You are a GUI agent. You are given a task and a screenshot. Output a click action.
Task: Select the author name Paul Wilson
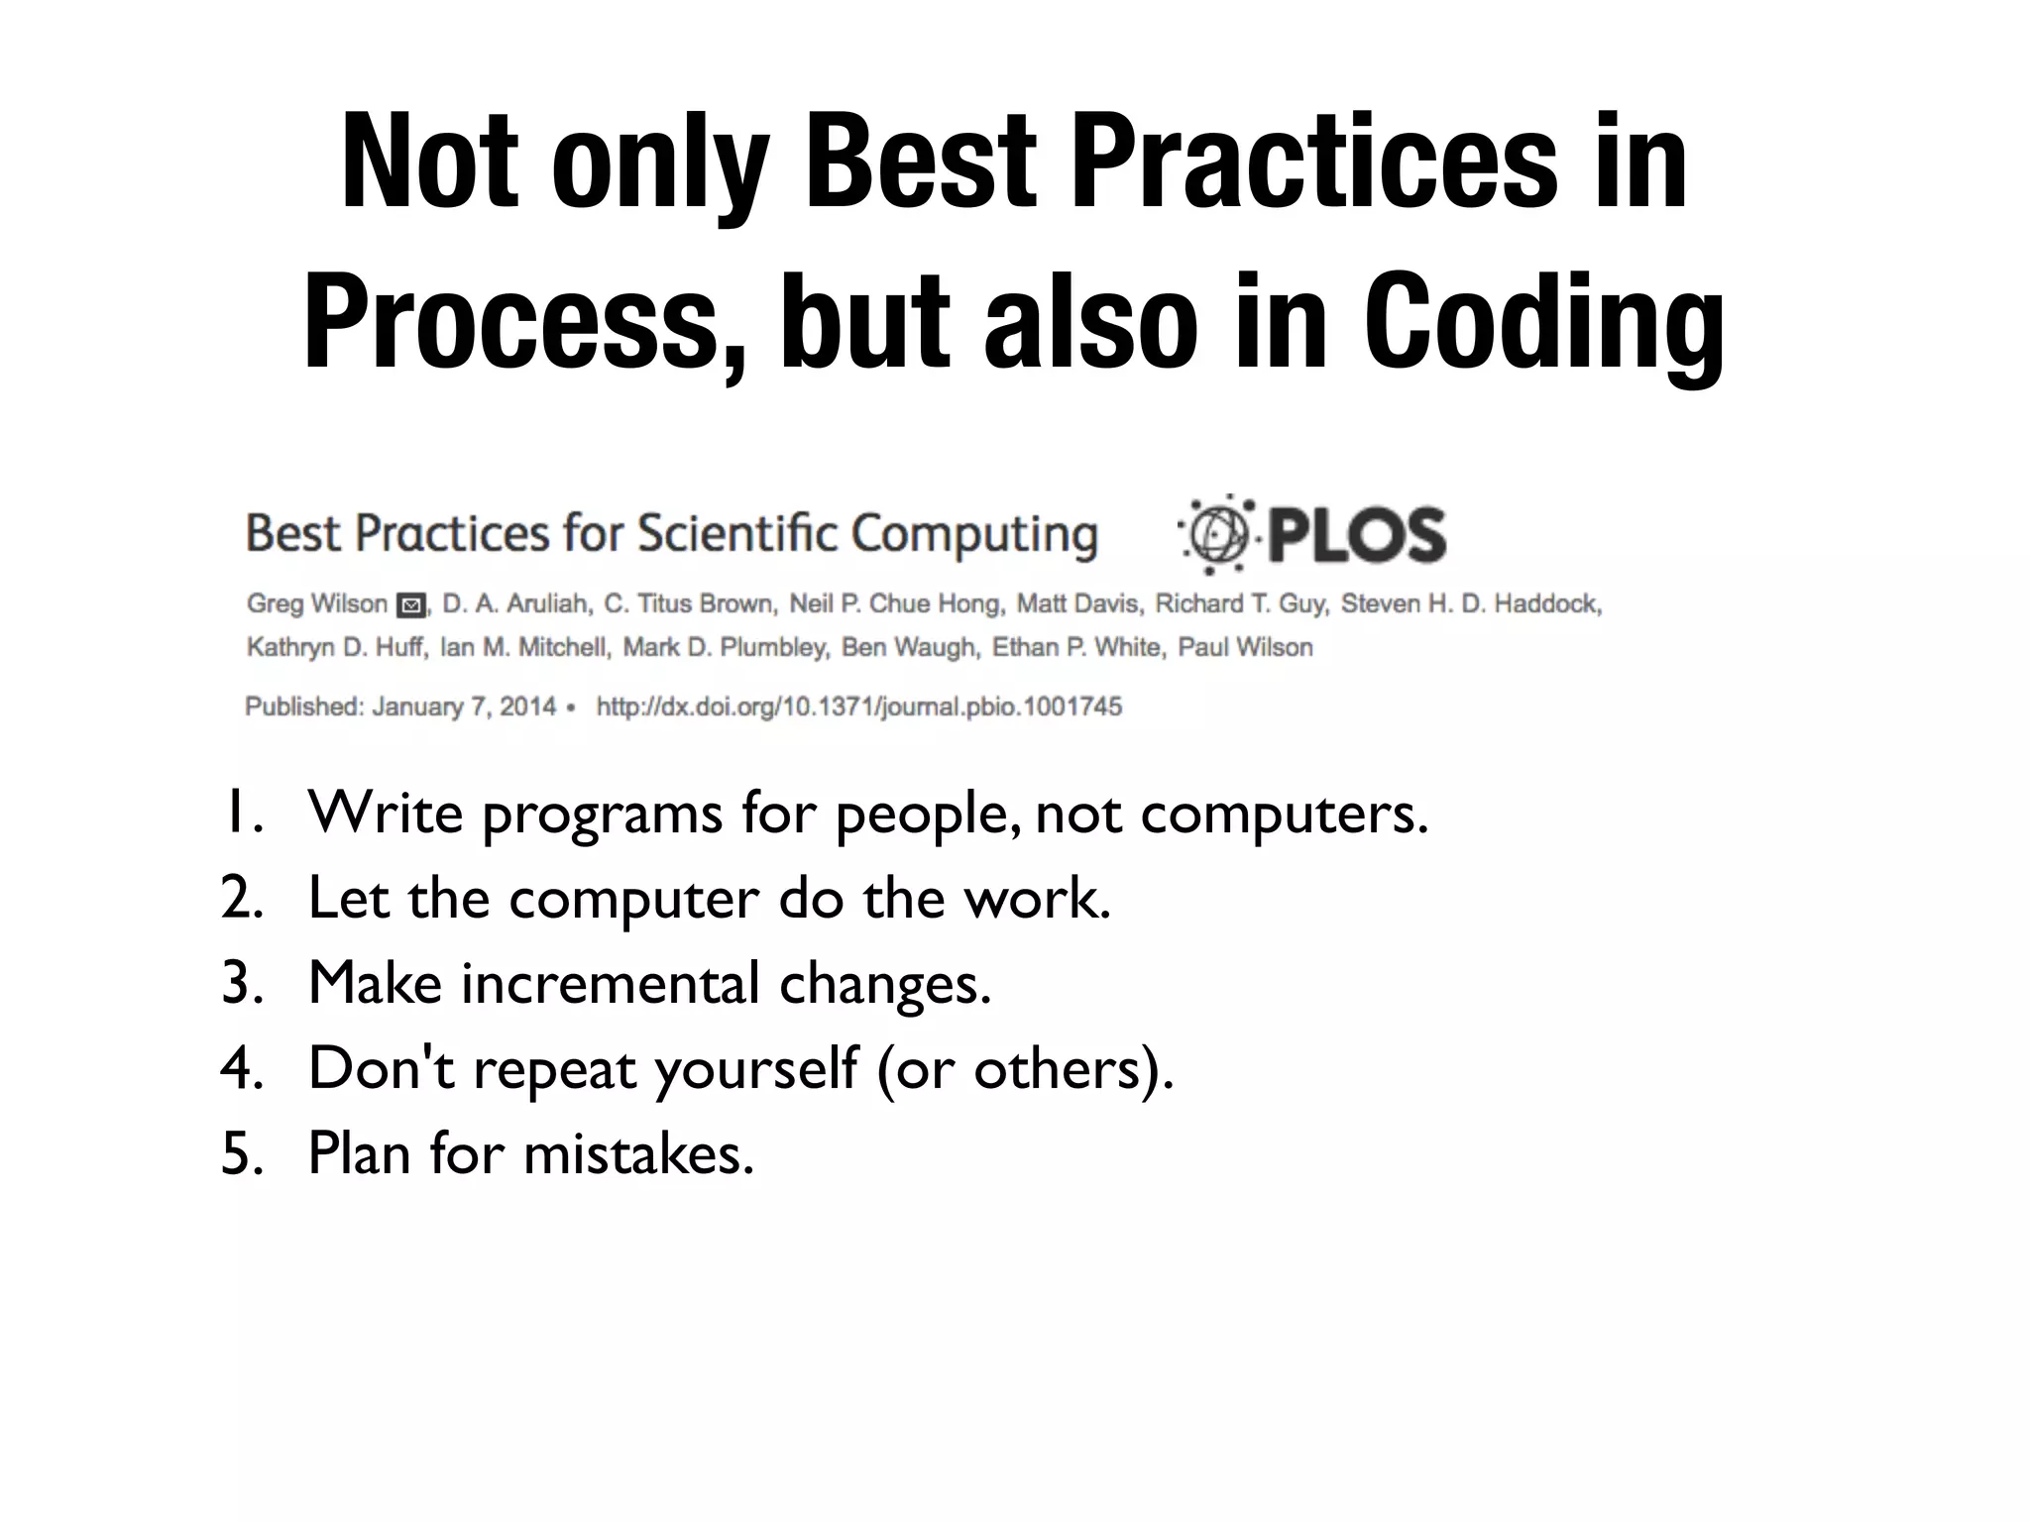pyautogui.click(x=1245, y=648)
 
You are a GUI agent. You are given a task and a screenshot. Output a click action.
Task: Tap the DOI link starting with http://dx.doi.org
pyautogui.click(x=858, y=707)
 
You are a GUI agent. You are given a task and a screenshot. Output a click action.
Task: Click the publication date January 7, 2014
pyautogui.click(x=464, y=707)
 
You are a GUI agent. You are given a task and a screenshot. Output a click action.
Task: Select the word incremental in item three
pyautogui.click(x=611, y=983)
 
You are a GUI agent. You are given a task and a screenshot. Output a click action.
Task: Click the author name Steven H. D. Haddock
pyautogui.click(x=1471, y=604)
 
